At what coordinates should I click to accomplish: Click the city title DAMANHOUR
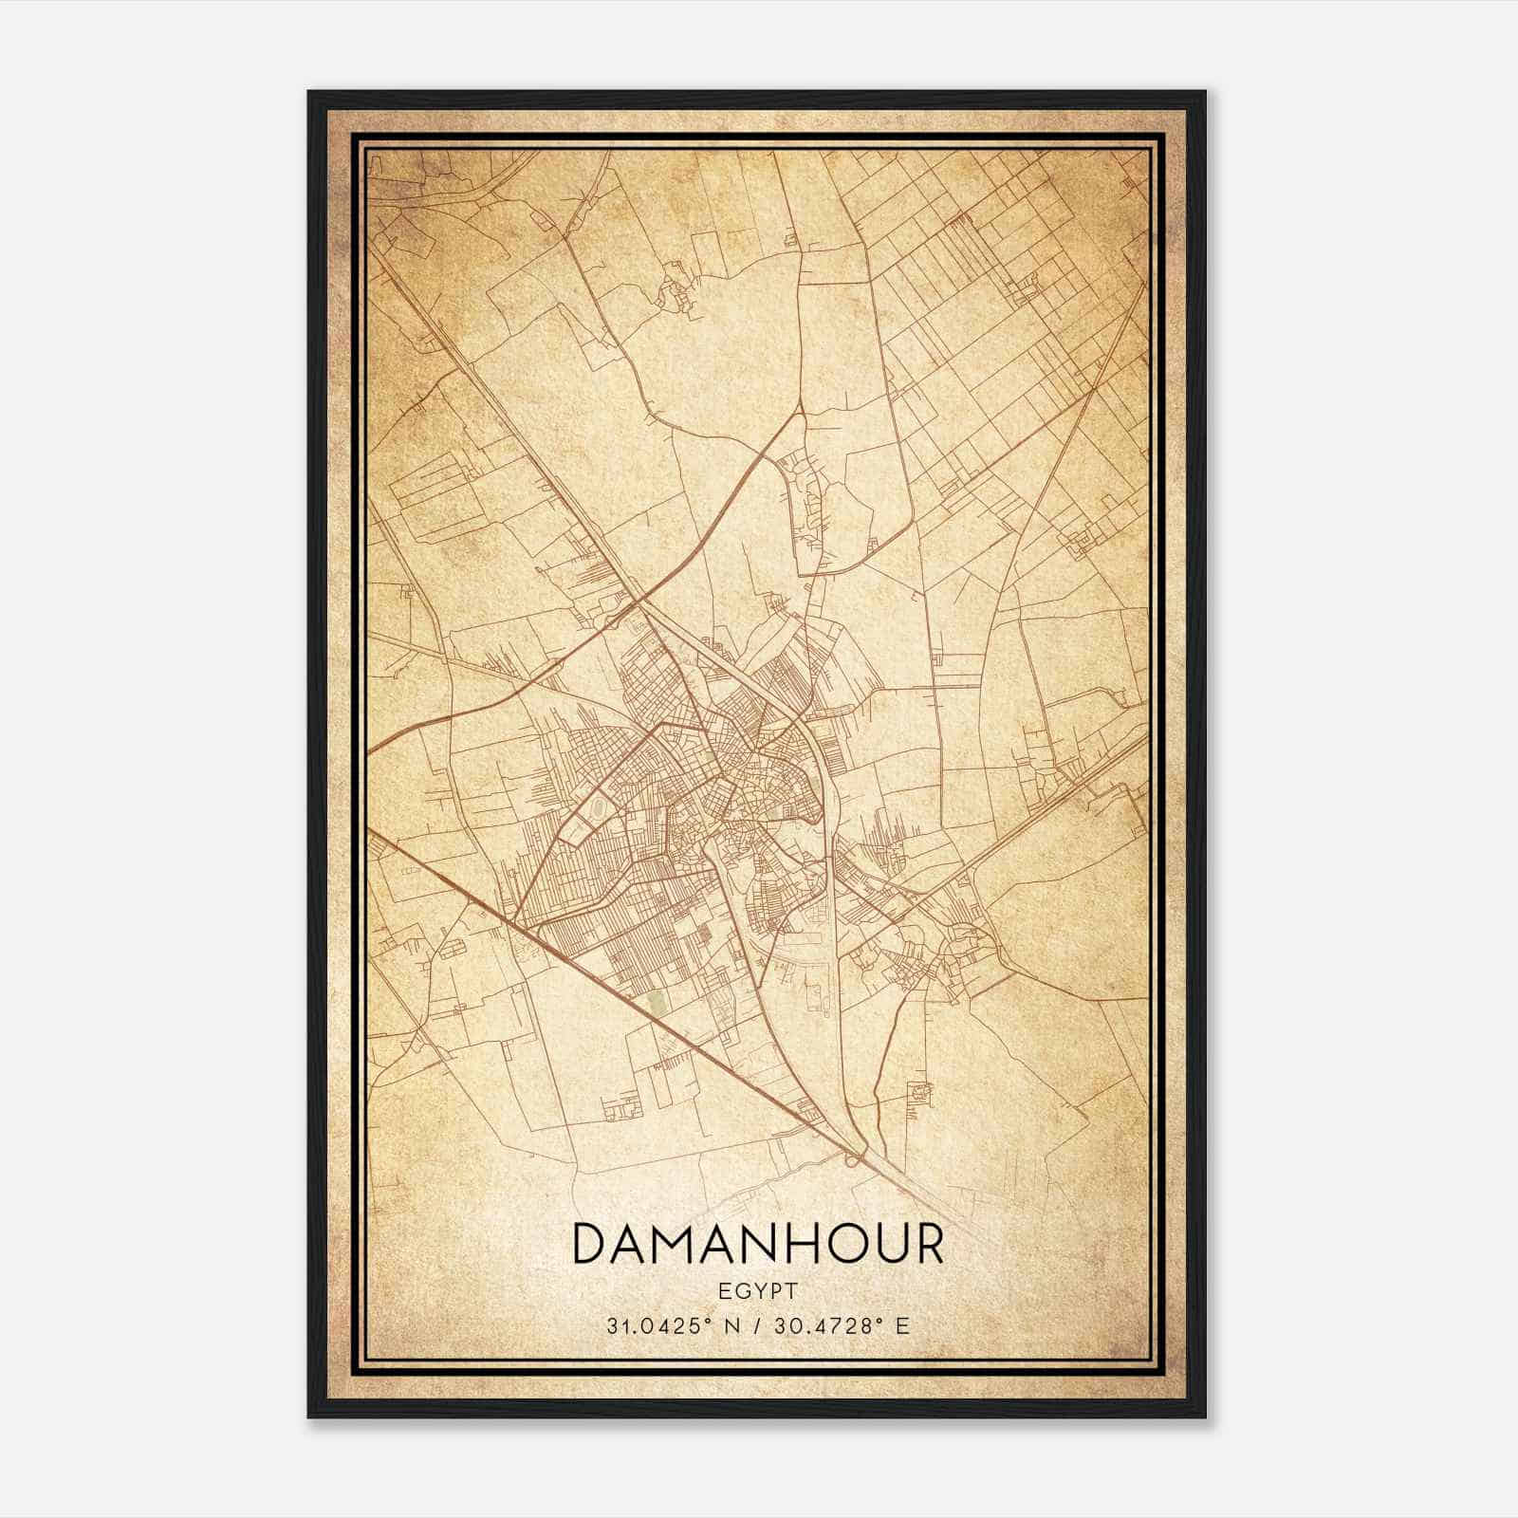tap(758, 1245)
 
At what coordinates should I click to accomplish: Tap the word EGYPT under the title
tap(758, 1290)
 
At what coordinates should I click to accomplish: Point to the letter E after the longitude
tap(902, 1325)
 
